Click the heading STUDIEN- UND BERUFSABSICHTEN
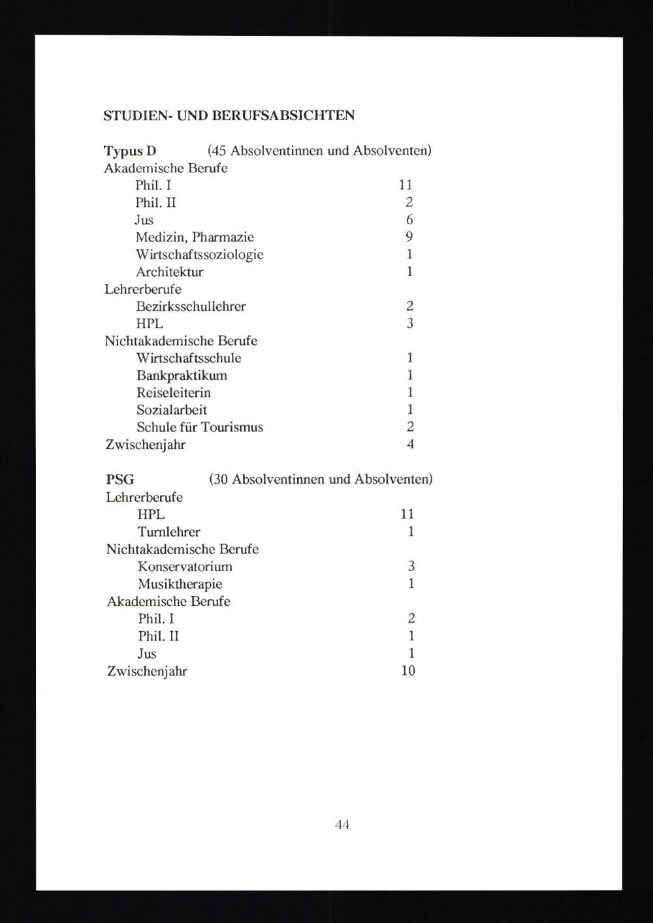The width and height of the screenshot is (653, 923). point(229,116)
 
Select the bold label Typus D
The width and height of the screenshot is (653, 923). point(130,151)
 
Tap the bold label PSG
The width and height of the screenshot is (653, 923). point(120,480)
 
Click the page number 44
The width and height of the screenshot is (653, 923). point(342,824)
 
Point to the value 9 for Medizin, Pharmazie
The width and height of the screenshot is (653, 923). point(409,237)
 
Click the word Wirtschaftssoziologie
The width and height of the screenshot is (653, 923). point(199,255)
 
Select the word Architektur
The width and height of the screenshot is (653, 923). point(169,272)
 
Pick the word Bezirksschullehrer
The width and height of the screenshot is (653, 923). point(191,306)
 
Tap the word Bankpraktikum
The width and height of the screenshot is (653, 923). point(182,375)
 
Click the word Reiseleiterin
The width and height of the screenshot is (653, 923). point(173,393)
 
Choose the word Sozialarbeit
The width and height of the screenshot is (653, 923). point(171,410)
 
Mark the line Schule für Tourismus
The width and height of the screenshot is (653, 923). point(199,428)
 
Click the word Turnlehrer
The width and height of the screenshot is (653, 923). point(168,532)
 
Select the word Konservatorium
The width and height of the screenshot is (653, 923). point(185,567)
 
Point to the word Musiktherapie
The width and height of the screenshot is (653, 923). point(180,584)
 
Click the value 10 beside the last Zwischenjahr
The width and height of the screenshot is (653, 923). point(408,670)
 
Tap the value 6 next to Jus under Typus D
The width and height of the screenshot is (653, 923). point(409,220)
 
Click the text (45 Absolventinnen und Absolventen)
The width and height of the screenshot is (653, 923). point(319,151)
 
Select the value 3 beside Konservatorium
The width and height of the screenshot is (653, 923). point(411,567)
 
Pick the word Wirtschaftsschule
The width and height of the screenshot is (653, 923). point(188,358)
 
